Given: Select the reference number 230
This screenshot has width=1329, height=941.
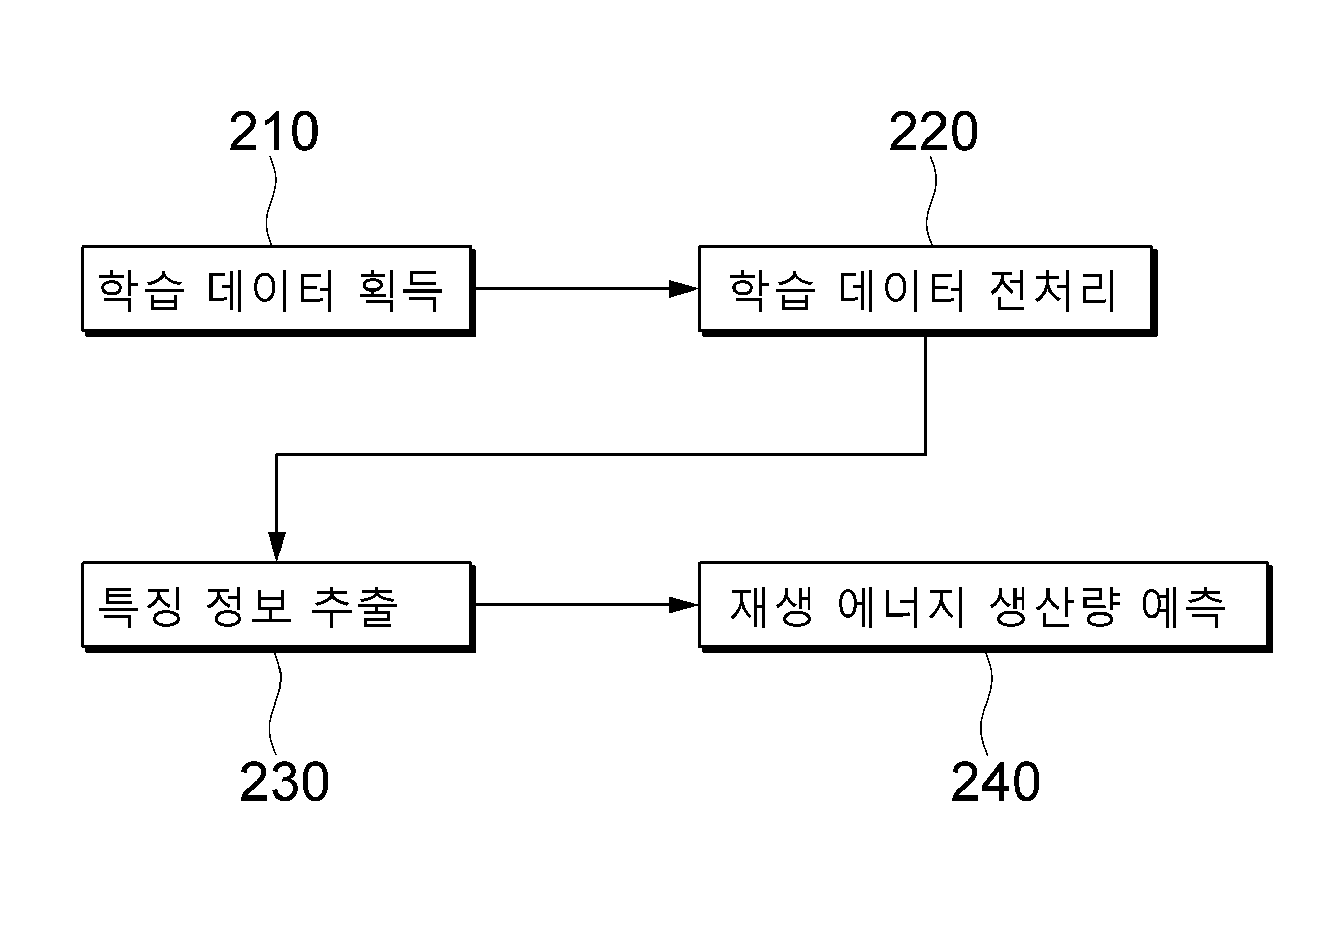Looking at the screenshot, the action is click(284, 782).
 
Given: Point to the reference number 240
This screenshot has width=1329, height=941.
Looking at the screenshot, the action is click(995, 782).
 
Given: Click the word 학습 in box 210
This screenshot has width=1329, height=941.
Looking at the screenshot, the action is click(142, 289).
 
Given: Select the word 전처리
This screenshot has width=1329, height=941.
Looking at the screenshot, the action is click(1052, 289).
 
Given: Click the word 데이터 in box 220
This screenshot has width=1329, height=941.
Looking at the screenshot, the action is click(901, 289).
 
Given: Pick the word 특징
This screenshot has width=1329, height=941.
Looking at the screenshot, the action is click(141, 606).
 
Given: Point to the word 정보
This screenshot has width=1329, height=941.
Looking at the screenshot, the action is click(248, 606).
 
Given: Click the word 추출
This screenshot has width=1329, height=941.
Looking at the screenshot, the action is click(355, 606).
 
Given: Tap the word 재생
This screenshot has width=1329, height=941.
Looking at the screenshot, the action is click(772, 606).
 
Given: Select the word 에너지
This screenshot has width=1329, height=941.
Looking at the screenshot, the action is click(901, 606).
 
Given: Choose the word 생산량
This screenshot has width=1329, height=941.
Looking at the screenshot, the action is click(1052, 606).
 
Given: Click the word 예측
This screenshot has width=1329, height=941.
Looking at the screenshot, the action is click(1183, 606).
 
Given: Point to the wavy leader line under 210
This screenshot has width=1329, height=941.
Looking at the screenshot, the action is click(271, 201).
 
